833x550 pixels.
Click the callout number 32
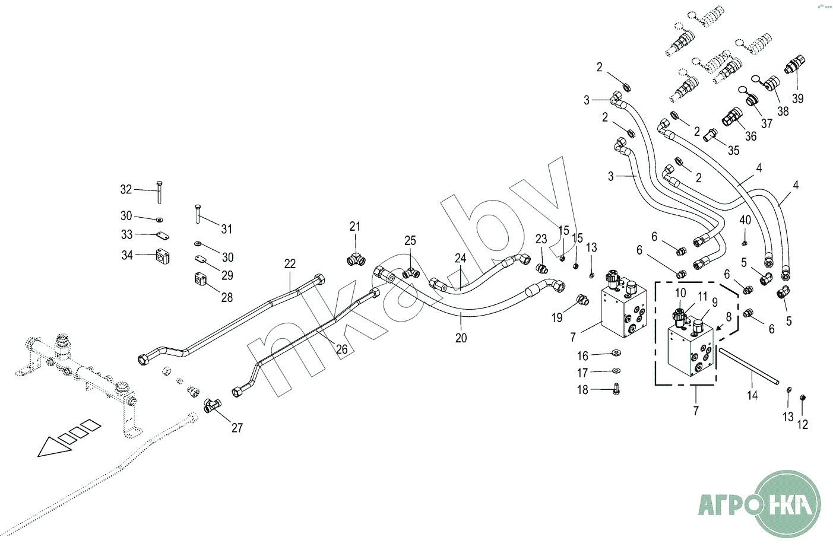pyautogui.click(x=126, y=189)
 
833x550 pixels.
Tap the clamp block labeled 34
pyautogui.click(x=162, y=256)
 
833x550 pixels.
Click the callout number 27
pyautogui.click(x=237, y=428)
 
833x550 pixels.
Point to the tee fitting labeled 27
pyautogui.click(x=213, y=405)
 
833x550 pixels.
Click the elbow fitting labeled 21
pyautogui.click(x=356, y=259)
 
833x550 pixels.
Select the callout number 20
pyautogui.click(x=461, y=338)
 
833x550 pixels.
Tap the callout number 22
pyautogui.click(x=290, y=264)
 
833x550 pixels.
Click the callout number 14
pyautogui.click(x=752, y=395)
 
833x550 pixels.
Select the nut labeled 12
pyautogui.click(x=802, y=398)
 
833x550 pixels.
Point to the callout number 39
pyautogui.click(x=797, y=98)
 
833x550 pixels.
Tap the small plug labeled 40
pyautogui.click(x=744, y=243)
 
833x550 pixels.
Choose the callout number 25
pyautogui.click(x=410, y=241)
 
